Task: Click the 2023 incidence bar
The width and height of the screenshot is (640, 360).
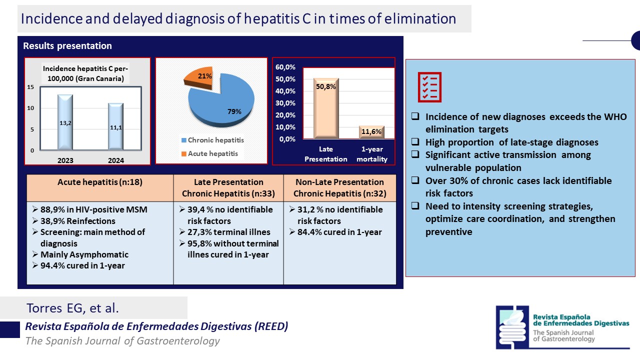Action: (x=65, y=122)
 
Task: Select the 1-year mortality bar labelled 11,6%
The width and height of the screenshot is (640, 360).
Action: (x=371, y=132)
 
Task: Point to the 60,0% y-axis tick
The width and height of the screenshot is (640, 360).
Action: (x=285, y=67)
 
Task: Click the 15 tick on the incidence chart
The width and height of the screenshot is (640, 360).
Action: (x=31, y=87)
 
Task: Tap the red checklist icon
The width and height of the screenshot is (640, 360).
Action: (x=429, y=87)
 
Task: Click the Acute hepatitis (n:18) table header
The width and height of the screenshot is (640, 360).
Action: (x=100, y=182)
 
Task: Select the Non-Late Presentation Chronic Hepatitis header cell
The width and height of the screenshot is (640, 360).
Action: (x=339, y=187)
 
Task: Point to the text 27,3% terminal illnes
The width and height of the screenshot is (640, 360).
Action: (x=227, y=232)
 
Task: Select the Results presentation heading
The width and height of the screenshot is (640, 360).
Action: (x=67, y=46)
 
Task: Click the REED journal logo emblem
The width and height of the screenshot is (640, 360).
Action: (x=512, y=327)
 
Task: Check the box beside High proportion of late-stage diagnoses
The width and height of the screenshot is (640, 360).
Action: (x=415, y=142)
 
